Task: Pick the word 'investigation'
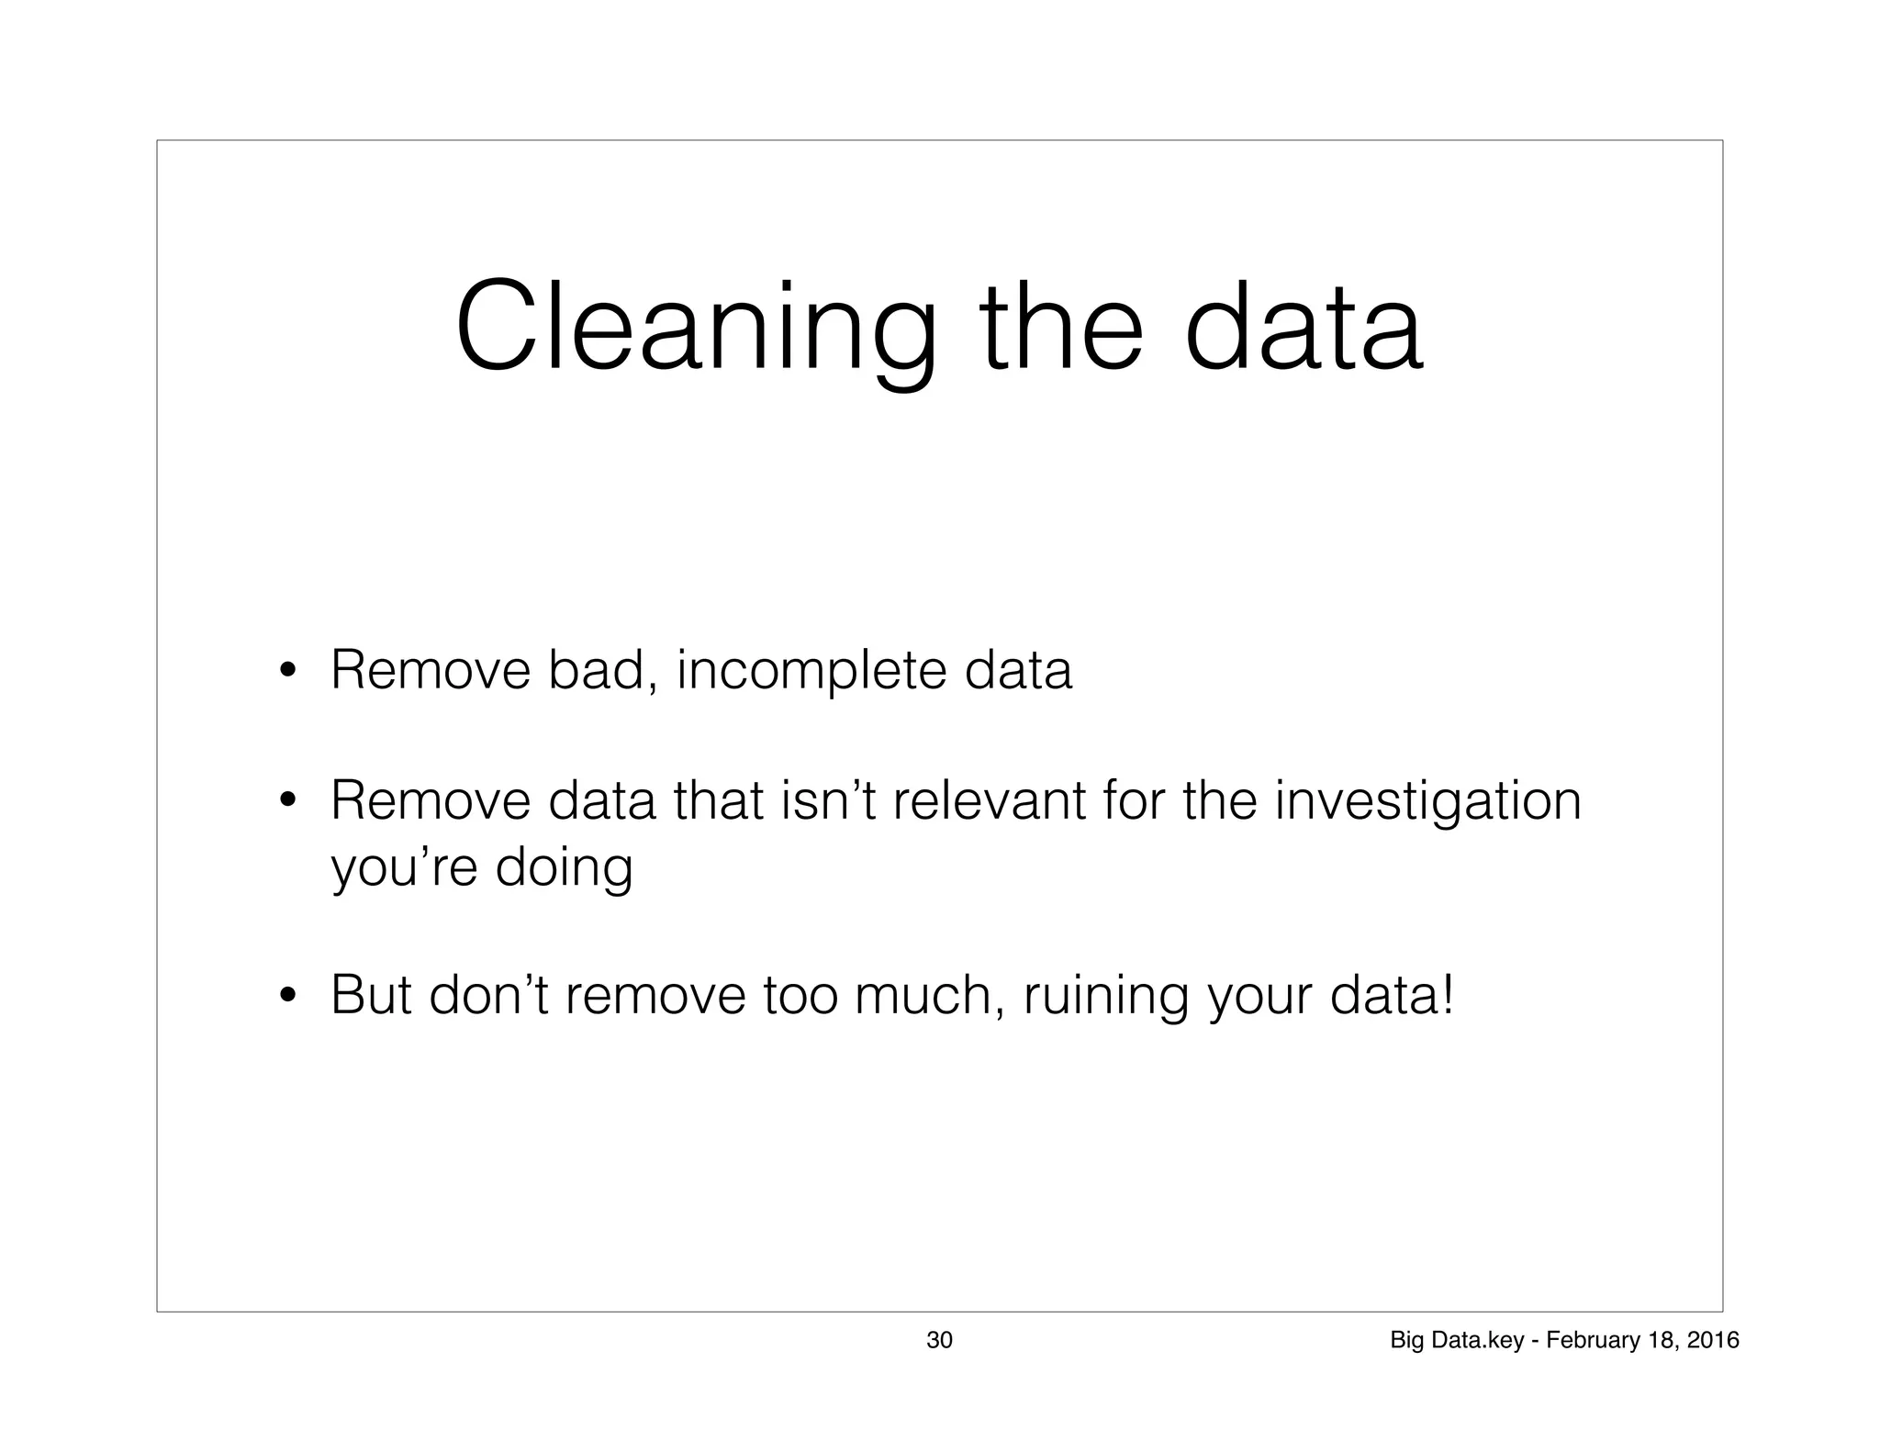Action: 1427,802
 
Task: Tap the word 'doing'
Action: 565,868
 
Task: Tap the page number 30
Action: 939,1341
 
